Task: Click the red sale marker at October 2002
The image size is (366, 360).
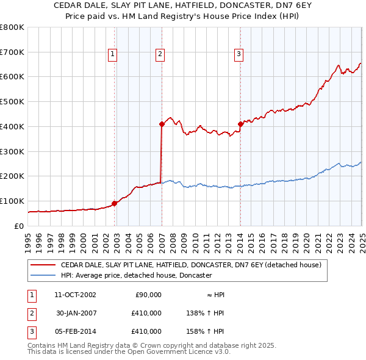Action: click(x=115, y=203)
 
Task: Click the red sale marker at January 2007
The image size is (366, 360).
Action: click(x=162, y=124)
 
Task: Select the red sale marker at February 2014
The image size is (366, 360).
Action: click(x=240, y=124)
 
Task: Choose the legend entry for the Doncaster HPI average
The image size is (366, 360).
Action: click(x=135, y=276)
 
